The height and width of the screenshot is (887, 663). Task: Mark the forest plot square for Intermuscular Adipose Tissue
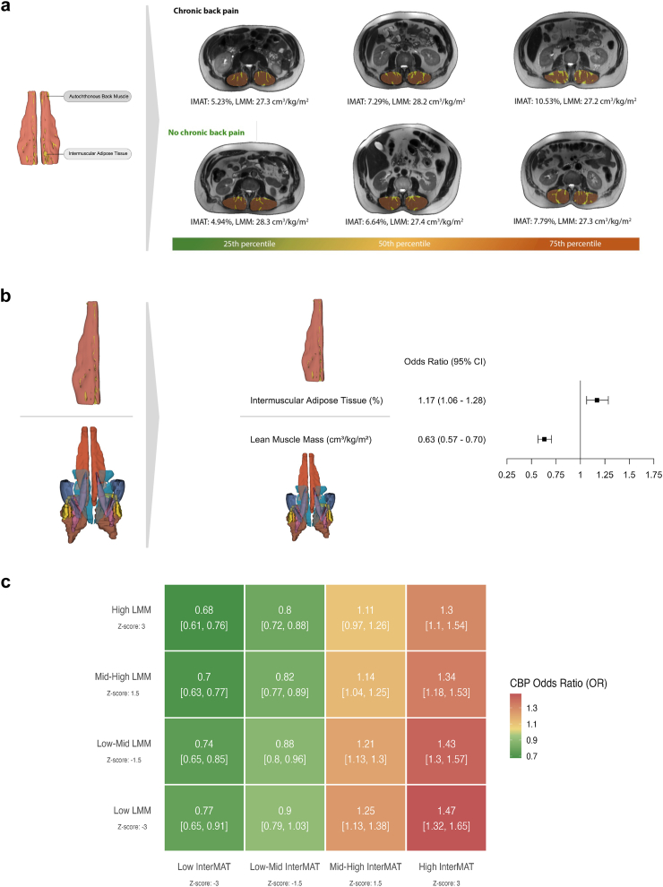pos(597,400)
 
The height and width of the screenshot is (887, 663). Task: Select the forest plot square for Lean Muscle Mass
pos(544,439)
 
